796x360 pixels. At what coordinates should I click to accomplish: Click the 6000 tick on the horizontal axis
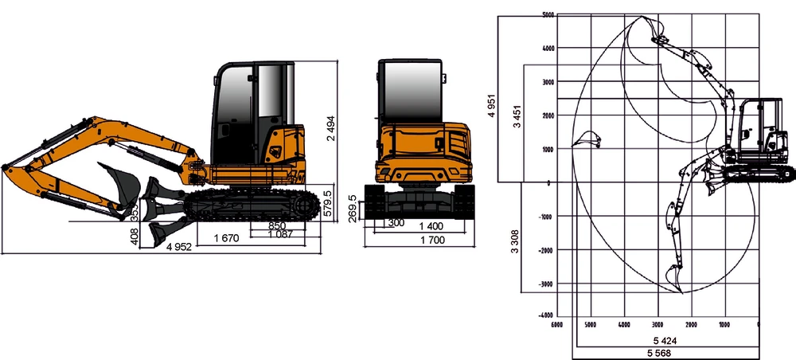pyautogui.click(x=556, y=324)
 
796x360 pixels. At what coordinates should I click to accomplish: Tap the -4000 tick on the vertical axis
pyautogui.click(x=544, y=316)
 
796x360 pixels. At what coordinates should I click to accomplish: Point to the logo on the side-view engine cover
pyautogui.click(x=275, y=152)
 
